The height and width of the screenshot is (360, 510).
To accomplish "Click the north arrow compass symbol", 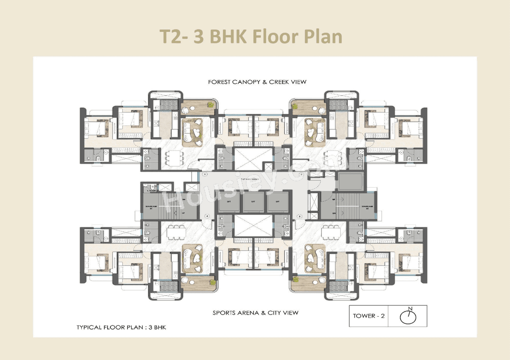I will (408, 316).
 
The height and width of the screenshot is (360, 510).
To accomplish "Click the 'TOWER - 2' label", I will (369, 316).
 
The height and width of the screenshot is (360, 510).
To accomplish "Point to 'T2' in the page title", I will (171, 37).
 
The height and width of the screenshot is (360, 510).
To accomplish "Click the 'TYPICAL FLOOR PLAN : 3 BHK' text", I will (121, 328).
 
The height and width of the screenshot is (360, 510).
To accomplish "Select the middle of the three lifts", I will (253, 202).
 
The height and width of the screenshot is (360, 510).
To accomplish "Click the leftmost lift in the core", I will (229, 202).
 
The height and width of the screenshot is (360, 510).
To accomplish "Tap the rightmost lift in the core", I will (278, 202).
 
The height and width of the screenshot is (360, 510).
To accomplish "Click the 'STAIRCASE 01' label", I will (149, 207).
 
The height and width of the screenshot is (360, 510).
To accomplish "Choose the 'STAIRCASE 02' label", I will (367, 207).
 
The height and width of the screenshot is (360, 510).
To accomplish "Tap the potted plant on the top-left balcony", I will (210, 105).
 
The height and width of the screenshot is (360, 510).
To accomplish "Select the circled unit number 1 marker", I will (205, 174).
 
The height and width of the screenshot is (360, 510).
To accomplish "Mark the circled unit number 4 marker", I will (207, 216).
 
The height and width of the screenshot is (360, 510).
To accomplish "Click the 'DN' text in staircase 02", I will (334, 214).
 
